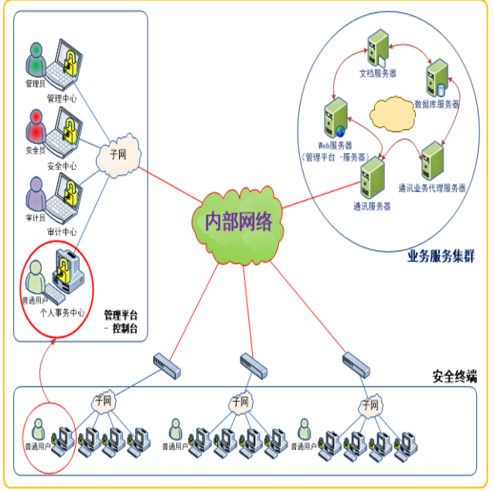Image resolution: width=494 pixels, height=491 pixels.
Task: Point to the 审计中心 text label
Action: tap(61, 231)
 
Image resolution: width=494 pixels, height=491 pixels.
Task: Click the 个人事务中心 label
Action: tap(62, 314)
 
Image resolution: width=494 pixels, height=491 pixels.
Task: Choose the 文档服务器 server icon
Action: tap(377, 49)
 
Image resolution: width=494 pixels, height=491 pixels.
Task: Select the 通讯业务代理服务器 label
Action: tap(432, 188)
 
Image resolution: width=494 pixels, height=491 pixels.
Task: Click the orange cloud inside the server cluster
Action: tap(390, 114)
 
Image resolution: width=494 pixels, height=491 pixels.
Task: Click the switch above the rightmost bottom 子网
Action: tap(356, 360)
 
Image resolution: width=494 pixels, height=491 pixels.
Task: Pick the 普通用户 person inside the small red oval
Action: tap(36, 429)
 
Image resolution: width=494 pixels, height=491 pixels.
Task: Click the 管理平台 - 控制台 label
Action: tap(121, 322)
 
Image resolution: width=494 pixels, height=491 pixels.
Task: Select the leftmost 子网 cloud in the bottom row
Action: tap(103, 401)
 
